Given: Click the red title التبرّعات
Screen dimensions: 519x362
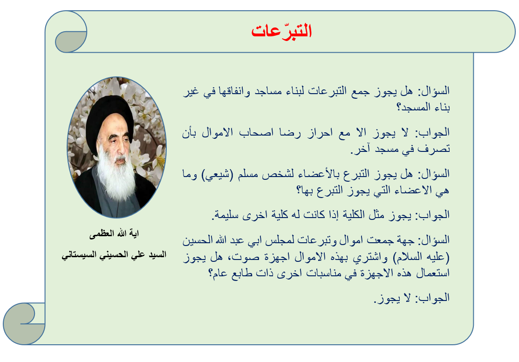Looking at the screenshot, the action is click(282, 31).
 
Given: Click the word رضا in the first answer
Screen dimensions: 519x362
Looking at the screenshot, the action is click(290, 133).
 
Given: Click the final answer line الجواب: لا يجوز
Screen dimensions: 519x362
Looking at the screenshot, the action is click(412, 298).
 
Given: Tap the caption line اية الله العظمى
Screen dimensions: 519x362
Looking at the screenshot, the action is click(114, 233).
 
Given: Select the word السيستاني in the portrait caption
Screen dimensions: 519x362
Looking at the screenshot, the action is click(78, 255).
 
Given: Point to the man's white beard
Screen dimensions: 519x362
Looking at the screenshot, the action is click(116, 175).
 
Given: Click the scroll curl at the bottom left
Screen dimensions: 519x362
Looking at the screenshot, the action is click(24, 324).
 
